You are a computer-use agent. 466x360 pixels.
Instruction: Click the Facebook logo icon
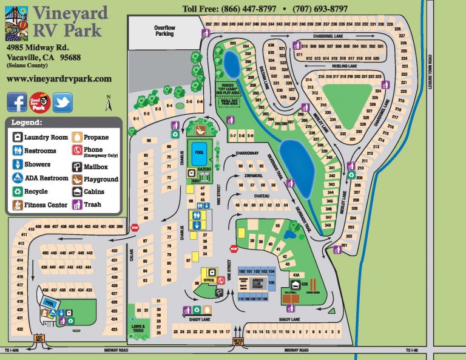tap(17, 103)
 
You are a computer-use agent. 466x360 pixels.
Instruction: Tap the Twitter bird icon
tap(62, 103)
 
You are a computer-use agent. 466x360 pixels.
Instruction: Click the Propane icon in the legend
tap(77, 137)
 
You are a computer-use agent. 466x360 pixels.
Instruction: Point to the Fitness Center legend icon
tap(17, 205)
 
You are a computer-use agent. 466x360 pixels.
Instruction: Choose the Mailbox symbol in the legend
tap(77, 166)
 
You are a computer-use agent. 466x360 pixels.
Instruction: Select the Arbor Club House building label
tap(251, 282)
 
